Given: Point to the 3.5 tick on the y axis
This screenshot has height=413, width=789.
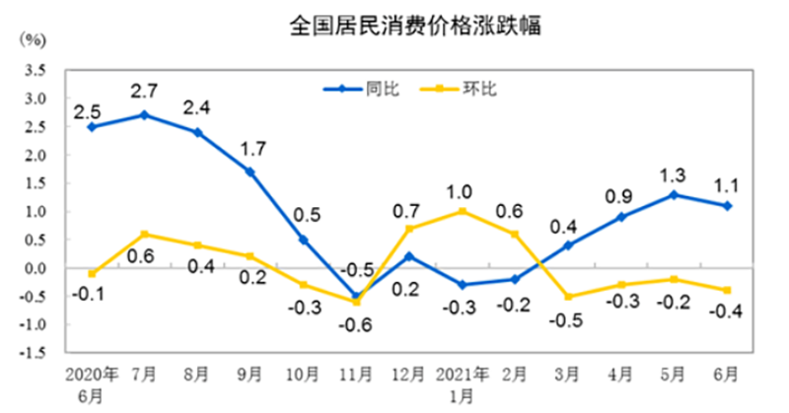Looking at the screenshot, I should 36,70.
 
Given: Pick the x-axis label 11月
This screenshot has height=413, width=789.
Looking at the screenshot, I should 357,376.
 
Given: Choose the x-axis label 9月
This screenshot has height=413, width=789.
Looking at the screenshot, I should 251,376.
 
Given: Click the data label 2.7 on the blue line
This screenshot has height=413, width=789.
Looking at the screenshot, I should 145,92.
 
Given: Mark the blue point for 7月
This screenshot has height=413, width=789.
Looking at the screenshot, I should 145,114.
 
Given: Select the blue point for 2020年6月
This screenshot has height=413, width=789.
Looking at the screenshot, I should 92,126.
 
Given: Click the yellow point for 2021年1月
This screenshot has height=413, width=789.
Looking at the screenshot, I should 463,211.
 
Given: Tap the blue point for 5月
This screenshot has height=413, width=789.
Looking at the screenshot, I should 674,194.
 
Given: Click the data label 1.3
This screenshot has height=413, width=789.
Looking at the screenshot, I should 674,172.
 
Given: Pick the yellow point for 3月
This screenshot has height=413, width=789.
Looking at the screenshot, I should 568,297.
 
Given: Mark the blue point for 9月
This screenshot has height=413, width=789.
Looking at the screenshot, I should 251,172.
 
